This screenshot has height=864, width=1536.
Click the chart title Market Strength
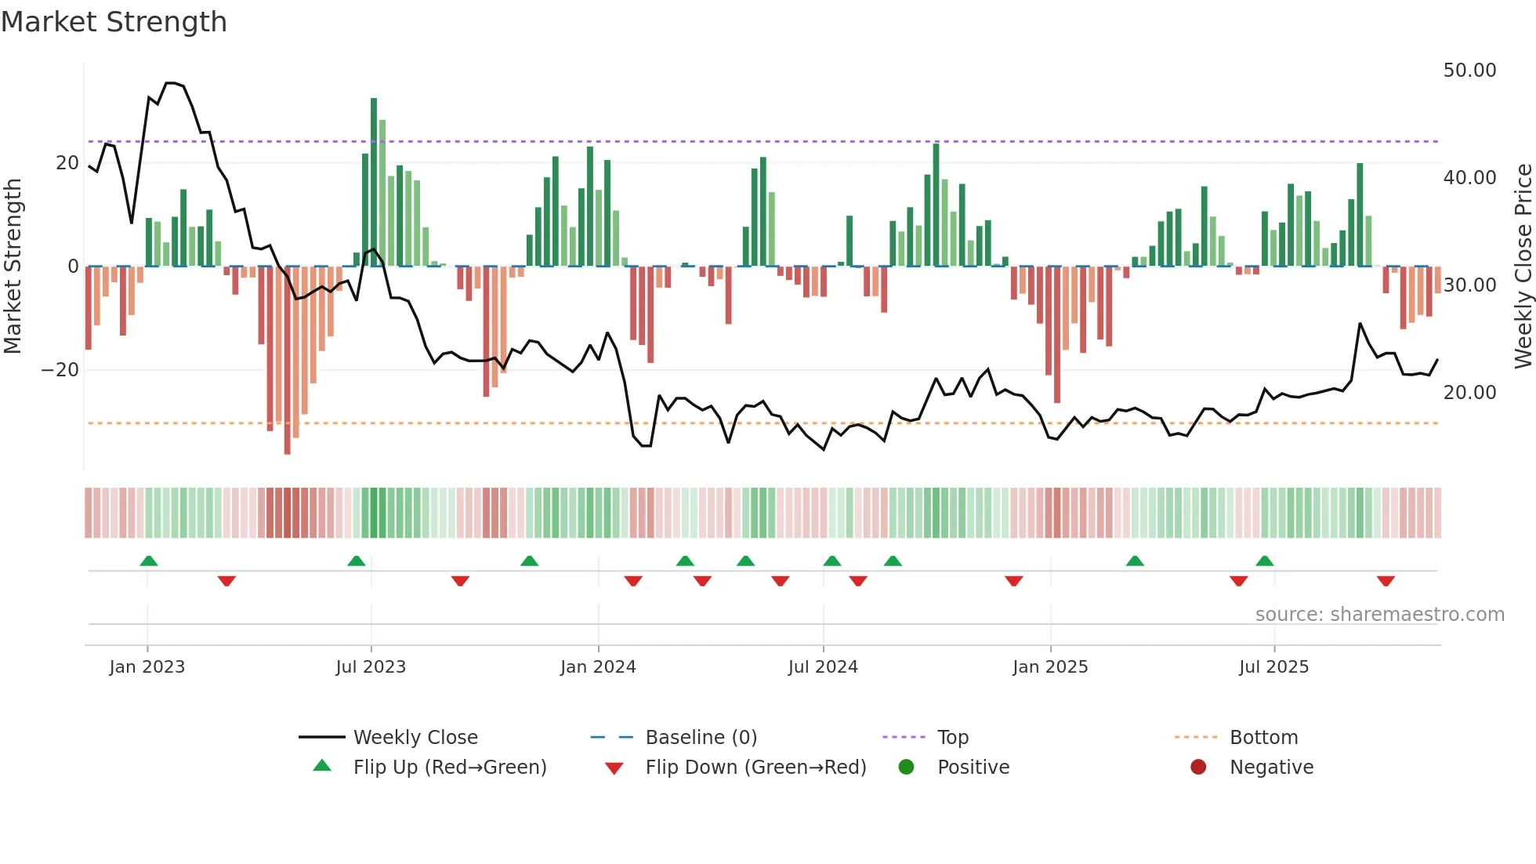[x=114, y=22]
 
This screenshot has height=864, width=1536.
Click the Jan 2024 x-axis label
[x=598, y=667]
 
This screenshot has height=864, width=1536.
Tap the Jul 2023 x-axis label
[x=371, y=667]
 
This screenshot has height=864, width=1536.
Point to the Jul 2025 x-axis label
[x=1273, y=667]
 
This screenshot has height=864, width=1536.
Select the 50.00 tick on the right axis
[x=1469, y=71]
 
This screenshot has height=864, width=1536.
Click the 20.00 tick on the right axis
[x=1469, y=393]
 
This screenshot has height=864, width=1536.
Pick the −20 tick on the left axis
[x=60, y=370]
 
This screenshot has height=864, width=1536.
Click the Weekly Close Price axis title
[x=1523, y=267]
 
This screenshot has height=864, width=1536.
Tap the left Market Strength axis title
[x=13, y=267]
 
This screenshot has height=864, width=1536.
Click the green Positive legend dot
[x=907, y=768]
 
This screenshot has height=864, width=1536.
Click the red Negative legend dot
[x=1198, y=768]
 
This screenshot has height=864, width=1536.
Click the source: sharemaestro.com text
[x=1379, y=615]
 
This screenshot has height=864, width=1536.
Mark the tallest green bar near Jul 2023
[x=374, y=180]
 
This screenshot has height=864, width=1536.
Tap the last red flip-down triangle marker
[x=1386, y=581]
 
